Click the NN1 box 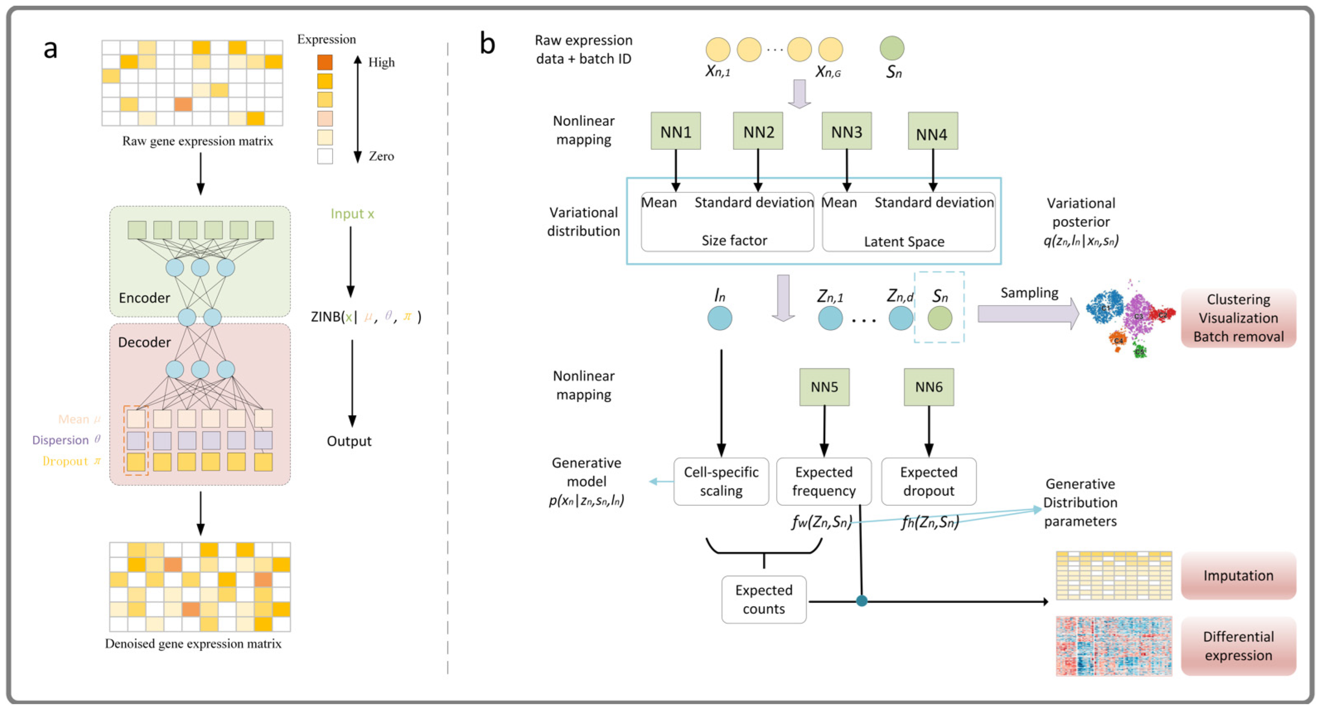click(x=675, y=131)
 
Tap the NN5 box click(x=824, y=387)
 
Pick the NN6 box click(x=928, y=387)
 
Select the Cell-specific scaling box click(x=720, y=481)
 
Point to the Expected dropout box click(x=928, y=481)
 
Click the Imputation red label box click(x=1238, y=576)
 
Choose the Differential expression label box click(x=1238, y=646)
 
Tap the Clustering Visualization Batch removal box click(x=1238, y=318)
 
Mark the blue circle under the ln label click(x=719, y=318)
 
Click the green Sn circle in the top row click(x=892, y=48)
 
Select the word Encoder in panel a click(x=144, y=298)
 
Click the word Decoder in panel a click(x=144, y=342)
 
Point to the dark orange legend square click(x=325, y=62)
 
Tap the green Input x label click(x=352, y=214)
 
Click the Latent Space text click(x=904, y=241)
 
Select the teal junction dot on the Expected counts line click(x=862, y=601)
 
